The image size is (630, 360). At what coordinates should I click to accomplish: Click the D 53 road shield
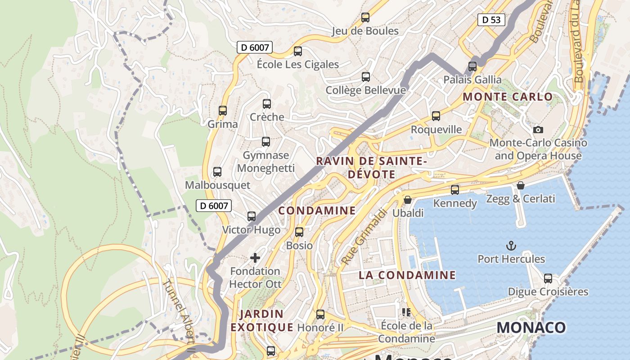[x=491, y=20]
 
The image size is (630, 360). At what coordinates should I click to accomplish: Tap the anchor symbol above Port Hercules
[x=511, y=246]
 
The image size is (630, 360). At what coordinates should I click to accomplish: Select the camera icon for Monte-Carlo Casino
[x=538, y=130]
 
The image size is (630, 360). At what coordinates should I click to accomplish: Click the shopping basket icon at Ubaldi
[x=408, y=199]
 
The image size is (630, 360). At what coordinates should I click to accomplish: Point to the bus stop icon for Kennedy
[x=455, y=190]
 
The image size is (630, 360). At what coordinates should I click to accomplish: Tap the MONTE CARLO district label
[x=508, y=97]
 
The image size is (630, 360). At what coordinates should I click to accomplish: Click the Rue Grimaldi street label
[x=364, y=237]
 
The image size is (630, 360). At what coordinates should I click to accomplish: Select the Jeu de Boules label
[x=365, y=31]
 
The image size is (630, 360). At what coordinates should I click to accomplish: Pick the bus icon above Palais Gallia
[x=472, y=67]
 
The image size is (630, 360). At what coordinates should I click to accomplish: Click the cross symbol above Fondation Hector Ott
[x=255, y=258]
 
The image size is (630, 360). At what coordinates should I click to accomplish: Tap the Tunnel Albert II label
[x=179, y=315]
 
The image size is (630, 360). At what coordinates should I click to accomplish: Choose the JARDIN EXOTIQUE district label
[x=261, y=320]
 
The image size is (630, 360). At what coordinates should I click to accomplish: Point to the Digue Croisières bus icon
[x=548, y=279]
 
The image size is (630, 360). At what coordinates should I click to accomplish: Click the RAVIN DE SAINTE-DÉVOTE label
[x=371, y=168]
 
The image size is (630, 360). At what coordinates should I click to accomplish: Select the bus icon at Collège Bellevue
[x=366, y=77]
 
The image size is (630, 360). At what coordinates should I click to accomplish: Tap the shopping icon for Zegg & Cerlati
[x=521, y=185]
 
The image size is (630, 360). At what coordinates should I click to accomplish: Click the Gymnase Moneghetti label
[x=266, y=162]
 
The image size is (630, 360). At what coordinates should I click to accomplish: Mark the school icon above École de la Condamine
[x=406, y=312]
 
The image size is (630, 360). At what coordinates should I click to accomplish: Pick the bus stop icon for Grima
[x=222, y=111]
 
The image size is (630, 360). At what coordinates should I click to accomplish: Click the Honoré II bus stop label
[x=320, y=328]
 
